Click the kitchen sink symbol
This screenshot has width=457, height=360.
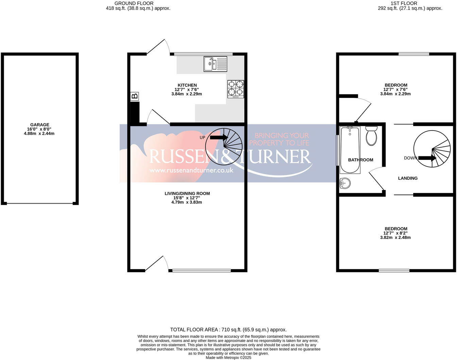coord(215,64)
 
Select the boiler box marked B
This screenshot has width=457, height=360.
coord(135,97)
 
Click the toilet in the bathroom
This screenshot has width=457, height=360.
coord(371,136)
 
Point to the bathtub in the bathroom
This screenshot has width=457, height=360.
coord(350,150)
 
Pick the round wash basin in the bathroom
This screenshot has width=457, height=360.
coord(345,183)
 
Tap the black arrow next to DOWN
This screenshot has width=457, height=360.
coord(427,158)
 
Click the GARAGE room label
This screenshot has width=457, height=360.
coord(40,125)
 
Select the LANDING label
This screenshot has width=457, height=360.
coord(408,178)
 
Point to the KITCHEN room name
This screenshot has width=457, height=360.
coord(187,85)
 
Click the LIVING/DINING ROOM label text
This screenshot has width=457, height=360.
coord(187,193)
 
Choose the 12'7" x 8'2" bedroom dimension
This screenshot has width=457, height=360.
coord(395,233)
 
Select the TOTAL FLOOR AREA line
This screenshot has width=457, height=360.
coord(228,329)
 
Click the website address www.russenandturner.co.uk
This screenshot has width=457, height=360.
coord(191,170)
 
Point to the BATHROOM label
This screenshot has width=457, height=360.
coord(360,160)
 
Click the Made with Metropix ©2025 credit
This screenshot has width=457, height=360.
coord(228,358)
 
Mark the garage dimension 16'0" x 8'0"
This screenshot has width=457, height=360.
coord(40,129)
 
